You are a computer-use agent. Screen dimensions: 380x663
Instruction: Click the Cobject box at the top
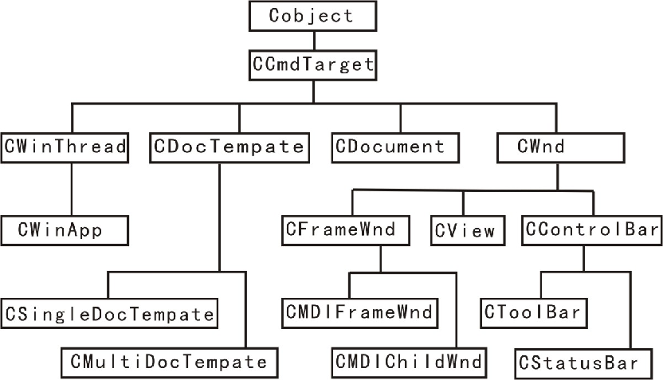[x=311, y=15]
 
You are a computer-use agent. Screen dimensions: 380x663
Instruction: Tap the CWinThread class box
[x=65, y=147]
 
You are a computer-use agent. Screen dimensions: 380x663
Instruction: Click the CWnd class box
[x=557, y=147]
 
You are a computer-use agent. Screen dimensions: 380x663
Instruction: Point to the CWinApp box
[x=65, y=230]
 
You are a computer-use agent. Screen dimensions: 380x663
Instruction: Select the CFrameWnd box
[x=345, y=231]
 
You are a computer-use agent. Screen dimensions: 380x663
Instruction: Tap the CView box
[x=465, y=231]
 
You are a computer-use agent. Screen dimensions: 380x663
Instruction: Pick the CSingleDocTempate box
[x=109, y=313]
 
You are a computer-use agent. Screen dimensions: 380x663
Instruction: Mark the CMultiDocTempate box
[x=170, y=362]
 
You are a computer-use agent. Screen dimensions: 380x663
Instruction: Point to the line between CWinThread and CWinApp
[x=72, y=189]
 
